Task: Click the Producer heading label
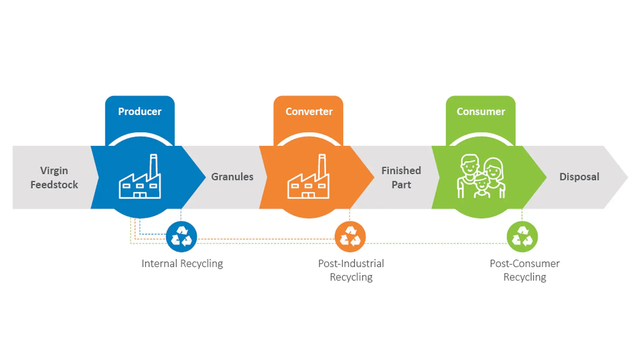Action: coord(140,112)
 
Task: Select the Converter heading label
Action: coord(309,112)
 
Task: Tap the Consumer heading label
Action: coord(481,112)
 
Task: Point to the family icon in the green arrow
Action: coord(481,177)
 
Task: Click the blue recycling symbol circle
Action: coord(181,236)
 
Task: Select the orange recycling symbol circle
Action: coord(350,236)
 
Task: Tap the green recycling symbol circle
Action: coord(522,236)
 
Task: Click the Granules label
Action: coord(232,177)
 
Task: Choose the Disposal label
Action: coord(579,177)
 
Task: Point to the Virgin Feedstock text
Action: coord(54,178)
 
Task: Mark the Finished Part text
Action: coord(401,178)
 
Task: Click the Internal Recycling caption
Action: coord(182,263)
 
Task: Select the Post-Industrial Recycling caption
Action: coord(351,270)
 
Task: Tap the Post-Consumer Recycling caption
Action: coord(524,270)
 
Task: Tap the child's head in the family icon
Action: coord(481,182)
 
